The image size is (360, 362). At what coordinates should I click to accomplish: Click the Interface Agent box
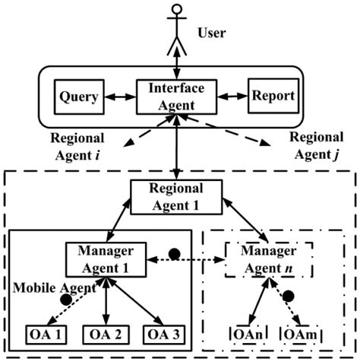coord(177,97)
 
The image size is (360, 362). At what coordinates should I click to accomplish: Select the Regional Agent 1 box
coord(176,196)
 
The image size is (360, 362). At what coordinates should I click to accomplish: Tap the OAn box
coord(245,333)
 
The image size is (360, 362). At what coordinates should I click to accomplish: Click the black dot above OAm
coord(289,299)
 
